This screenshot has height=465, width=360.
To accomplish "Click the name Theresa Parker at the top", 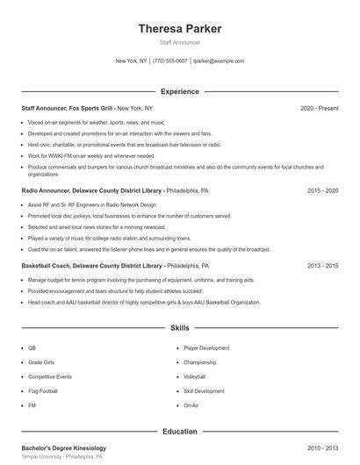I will point(180,29).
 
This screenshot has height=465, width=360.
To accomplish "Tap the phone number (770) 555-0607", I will point(169,61).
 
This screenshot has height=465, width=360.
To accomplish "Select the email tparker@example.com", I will point(219,61).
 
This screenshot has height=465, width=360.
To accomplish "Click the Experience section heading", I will point(180,91).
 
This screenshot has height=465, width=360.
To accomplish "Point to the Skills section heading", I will point(180,328).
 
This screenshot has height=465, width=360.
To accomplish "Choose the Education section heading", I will point(180,432).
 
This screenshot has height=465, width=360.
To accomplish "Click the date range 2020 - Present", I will point(320,108).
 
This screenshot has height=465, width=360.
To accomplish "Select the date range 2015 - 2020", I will point(323,190).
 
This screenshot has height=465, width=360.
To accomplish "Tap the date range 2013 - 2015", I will point(323,265).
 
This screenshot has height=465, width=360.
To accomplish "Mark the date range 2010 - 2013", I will point(323,448).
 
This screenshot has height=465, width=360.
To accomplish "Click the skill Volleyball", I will point(194,376).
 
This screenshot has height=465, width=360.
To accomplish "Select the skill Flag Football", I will point(43,391).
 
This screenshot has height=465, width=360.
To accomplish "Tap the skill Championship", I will point(199,361).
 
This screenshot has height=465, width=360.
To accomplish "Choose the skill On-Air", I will point(191,406).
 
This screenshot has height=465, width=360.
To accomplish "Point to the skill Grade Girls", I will point(40,361).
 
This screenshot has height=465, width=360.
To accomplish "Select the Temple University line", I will point(62,457).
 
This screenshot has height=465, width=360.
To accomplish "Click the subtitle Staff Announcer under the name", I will point(180,42).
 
